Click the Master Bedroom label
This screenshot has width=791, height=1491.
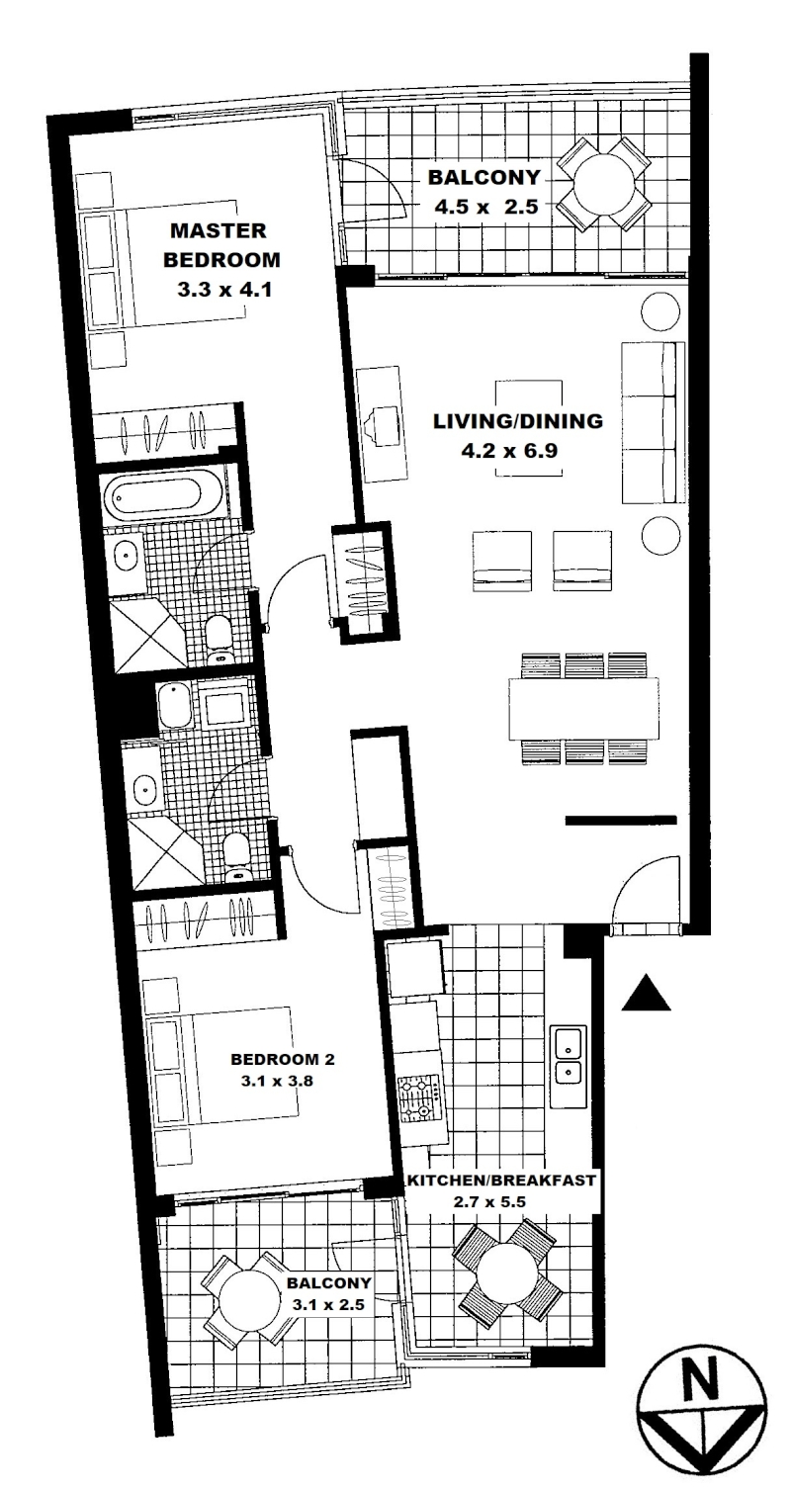[221, 245]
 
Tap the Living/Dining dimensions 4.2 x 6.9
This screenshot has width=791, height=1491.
[509, 451]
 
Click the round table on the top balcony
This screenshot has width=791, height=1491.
[604, 183]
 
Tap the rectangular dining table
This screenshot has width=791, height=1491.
[583, 708]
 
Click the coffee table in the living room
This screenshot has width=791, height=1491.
[529, 428]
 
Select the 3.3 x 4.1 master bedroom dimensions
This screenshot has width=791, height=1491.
[224, 290]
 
